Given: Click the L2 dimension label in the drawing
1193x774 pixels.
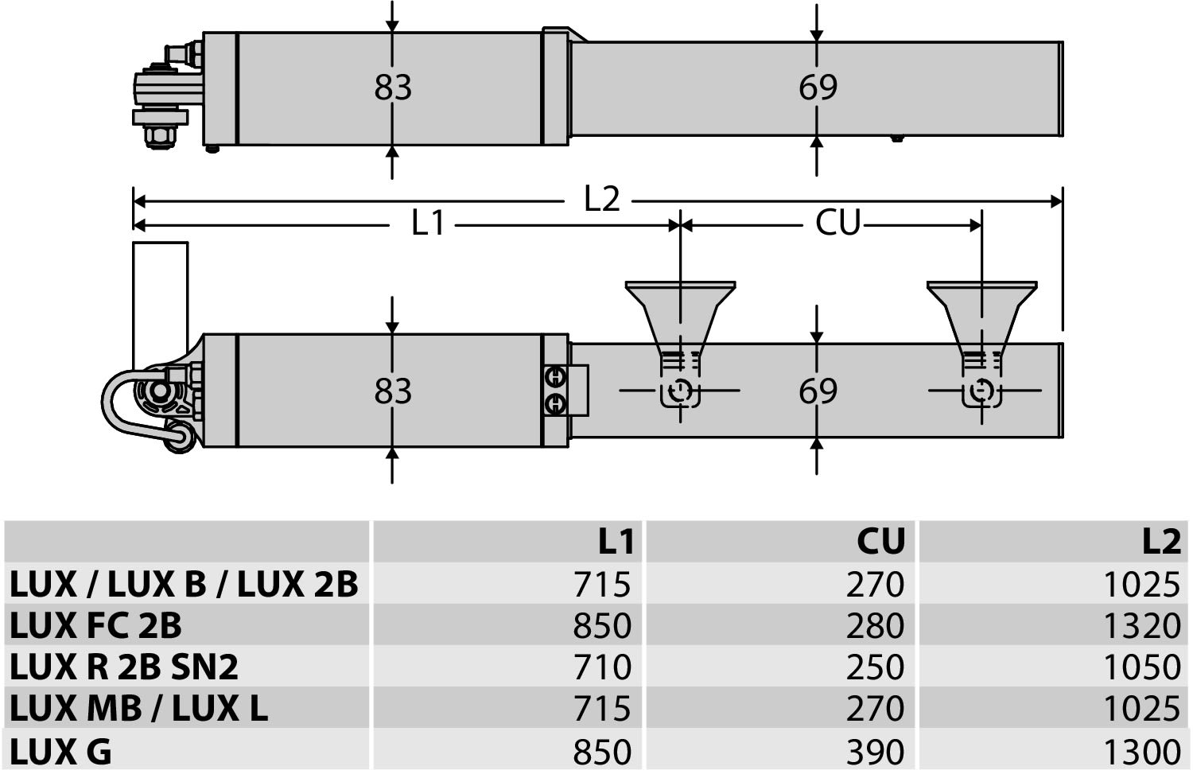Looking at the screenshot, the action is point(602,199).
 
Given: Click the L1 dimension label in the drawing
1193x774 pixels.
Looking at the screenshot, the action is point(428,223).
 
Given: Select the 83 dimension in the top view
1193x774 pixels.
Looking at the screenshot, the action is point(393,88).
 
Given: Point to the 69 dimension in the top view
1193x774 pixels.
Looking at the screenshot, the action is point(818,88).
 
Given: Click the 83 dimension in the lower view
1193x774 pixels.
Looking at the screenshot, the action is point(393,391).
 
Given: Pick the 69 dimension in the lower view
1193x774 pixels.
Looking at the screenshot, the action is point(818,391).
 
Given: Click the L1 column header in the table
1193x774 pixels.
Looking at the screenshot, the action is point(616,542).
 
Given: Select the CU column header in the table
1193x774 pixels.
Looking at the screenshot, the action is point(881,542).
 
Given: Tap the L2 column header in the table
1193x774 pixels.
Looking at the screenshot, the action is point(1162,542).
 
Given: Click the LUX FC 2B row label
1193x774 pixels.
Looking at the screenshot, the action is point(96,625).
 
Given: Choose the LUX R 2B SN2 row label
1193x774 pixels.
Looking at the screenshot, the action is point(123,667).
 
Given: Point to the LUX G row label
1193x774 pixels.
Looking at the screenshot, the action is point(60,752).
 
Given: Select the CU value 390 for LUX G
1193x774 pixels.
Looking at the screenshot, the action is point(875,752).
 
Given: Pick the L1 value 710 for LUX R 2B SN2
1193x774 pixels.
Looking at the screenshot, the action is point(602,667).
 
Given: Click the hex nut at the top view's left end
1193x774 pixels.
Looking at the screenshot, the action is point(159,138).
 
